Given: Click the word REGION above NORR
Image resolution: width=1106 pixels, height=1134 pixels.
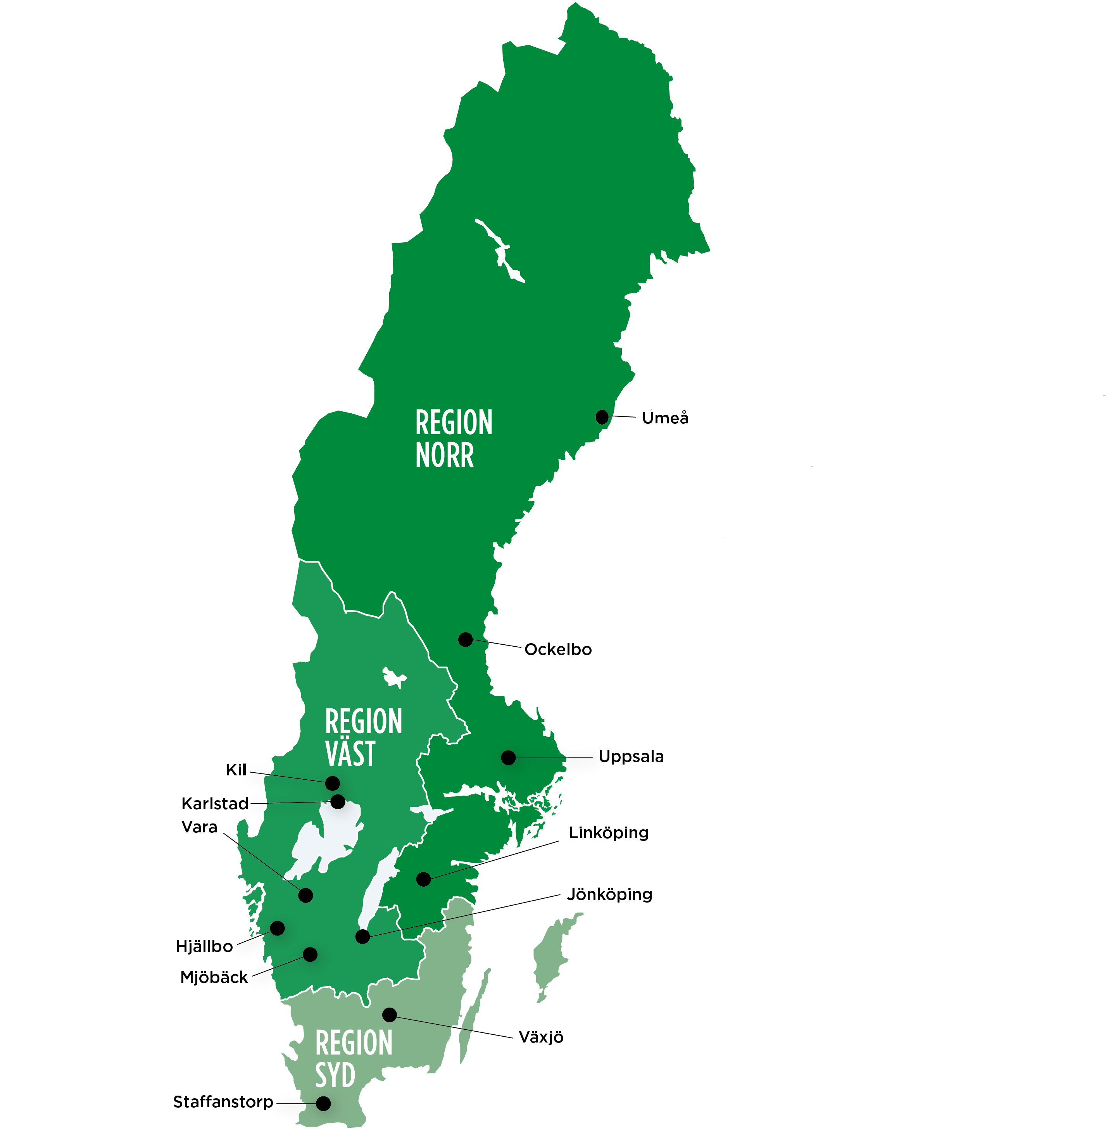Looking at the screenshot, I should [454, 423].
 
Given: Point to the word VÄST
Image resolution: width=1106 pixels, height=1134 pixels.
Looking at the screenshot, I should [350, 754].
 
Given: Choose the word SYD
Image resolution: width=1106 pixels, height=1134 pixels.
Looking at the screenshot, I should [335, 1075].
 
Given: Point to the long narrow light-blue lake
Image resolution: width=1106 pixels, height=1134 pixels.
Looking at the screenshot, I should [378, 886].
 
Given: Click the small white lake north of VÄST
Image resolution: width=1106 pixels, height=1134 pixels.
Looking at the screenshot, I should [393, 677].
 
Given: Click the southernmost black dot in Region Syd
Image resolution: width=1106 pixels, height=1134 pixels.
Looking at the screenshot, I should [323, 1103].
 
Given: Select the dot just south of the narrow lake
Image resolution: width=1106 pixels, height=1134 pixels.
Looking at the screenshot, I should [362, 937].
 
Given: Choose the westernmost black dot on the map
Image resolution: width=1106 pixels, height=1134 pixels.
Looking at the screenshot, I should [278, 928].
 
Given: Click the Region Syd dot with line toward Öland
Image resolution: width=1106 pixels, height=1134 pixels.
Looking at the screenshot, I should [389, 1015].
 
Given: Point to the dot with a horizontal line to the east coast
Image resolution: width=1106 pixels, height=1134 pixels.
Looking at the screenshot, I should [508, 758].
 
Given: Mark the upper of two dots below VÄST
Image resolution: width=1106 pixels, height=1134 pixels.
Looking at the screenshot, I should [332, 783].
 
